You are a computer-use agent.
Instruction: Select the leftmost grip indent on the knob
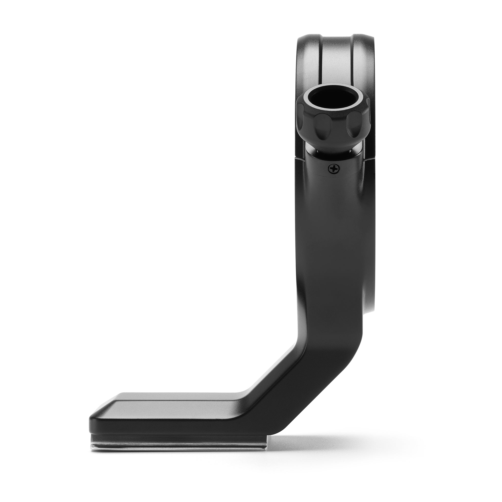tap(303, 120)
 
